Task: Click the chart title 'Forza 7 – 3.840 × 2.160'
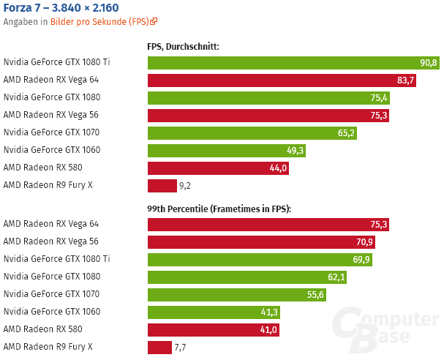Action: tap(61, 8)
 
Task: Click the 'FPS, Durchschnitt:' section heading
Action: tap(183, 47)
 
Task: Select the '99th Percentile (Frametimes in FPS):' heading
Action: tap(219, 209)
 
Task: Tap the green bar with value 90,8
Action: tap(293, 63)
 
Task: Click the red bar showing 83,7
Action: tap(282, 80)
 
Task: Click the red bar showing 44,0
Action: tap(218, 168)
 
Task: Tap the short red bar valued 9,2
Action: tap(162, 185)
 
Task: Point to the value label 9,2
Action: tap(185, 186)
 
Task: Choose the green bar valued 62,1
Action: tap(247, 277)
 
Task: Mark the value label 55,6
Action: tap(316, 294)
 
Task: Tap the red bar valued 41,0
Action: tap(214, 329)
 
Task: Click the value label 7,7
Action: tap(180, 348)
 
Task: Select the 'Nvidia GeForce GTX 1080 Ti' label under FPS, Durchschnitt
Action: tap(56, 62)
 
